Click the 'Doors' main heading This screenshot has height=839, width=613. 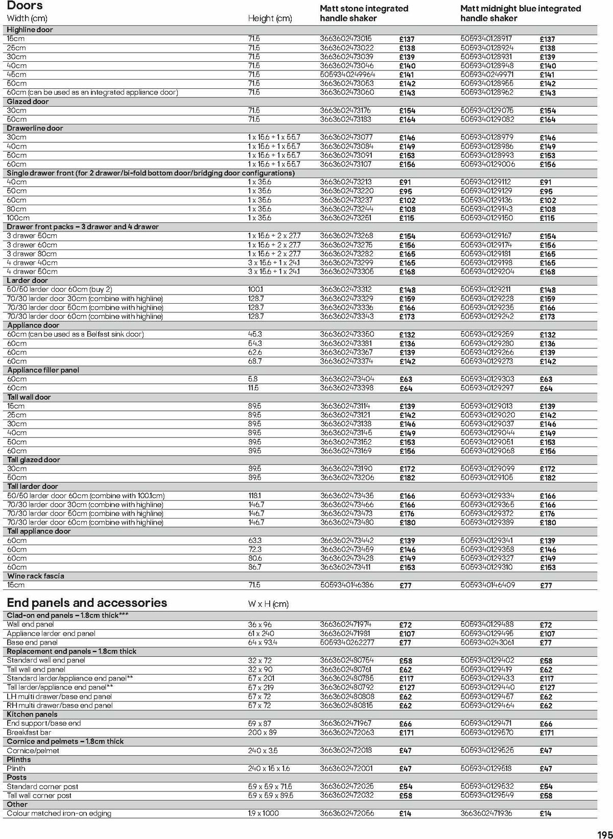click(x=25, y=6)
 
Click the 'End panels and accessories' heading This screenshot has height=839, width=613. click(x=87, y=603)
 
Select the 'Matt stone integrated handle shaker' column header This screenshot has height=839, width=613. click(x=364, y=13)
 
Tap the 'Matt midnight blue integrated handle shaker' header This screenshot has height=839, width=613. click(x=520, y=13)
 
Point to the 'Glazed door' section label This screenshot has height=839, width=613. click(x=28, y=102)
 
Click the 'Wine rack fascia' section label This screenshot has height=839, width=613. click(x=36, y=576)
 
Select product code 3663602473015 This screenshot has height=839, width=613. click(x=346, y=39)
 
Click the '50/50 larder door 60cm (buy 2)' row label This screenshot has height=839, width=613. click(x=60, y=289)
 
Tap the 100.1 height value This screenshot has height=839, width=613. click(x=256, y=289)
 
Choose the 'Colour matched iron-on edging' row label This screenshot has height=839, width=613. click(x=59, y=813)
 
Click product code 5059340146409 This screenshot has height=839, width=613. click(x=487, y=585)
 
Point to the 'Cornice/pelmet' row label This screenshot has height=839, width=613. click(x=33, y=751)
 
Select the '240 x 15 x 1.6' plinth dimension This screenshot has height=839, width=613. click(x=269, y=769)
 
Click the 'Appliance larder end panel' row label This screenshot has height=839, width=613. click(x=51, y=633)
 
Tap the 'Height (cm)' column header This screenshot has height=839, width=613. click(x=270, y=18)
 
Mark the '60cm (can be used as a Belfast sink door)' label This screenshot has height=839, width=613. click(x=76, y=334)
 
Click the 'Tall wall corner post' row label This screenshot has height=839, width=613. click(x=39, y=796)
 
